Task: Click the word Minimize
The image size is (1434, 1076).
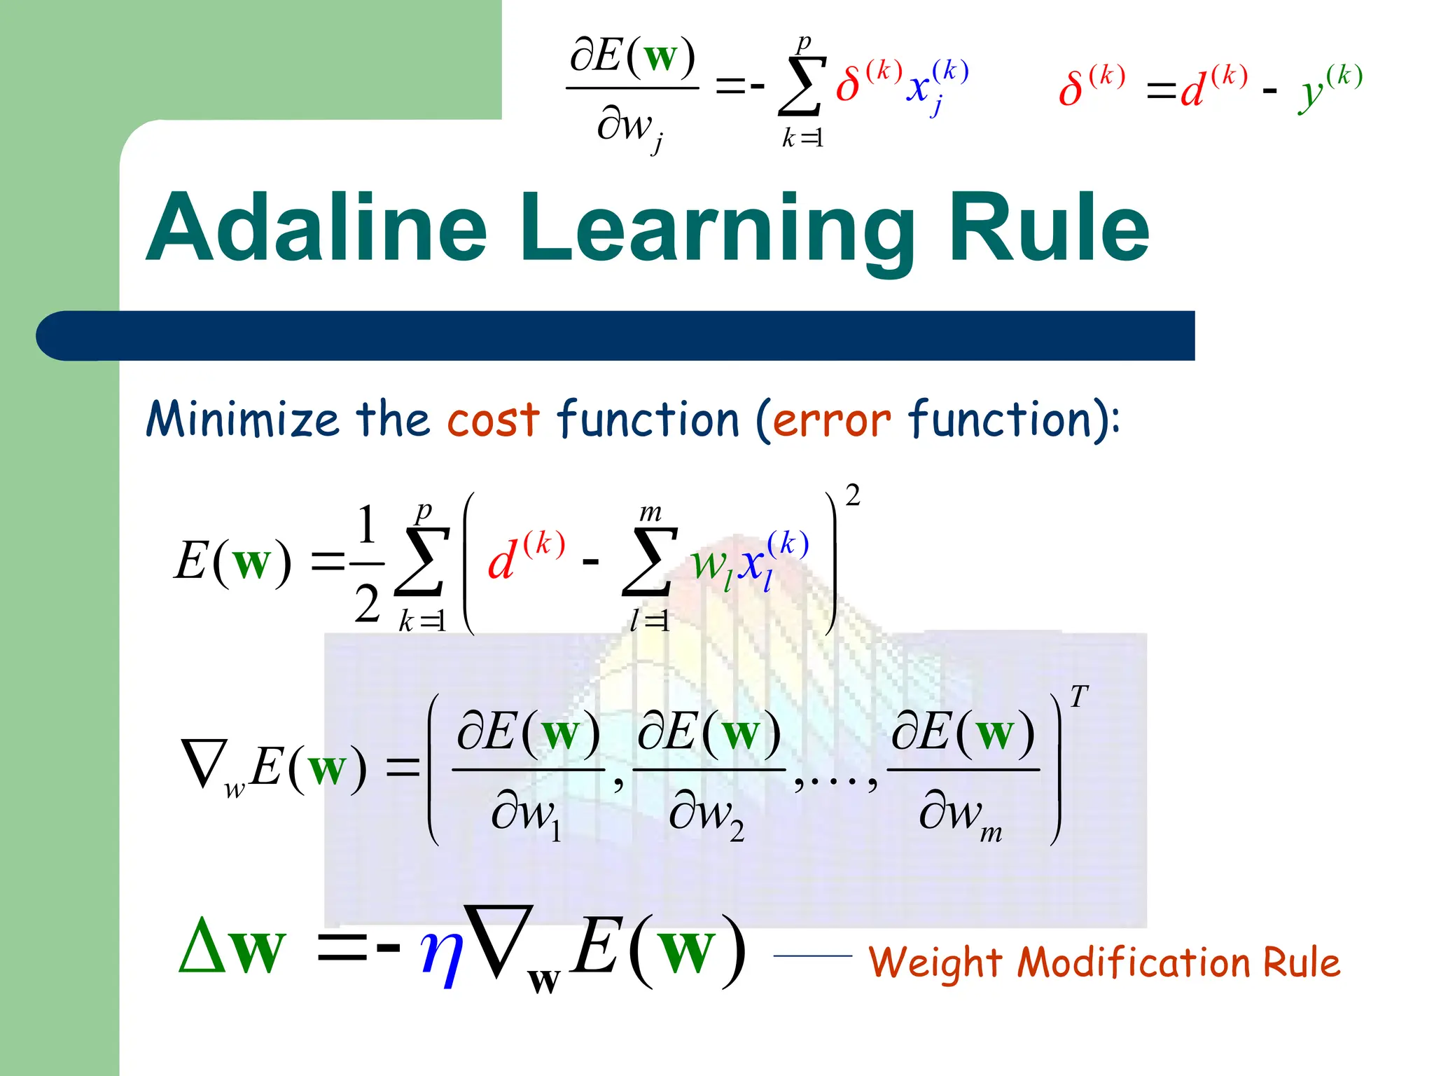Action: point(242,419)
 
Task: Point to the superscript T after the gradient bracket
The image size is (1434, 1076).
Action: point(1078,697)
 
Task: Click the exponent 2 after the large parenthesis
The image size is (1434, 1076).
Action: point(852,496)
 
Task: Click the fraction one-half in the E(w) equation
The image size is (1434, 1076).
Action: point(367,564)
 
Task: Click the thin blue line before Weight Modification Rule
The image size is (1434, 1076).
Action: point(812,956)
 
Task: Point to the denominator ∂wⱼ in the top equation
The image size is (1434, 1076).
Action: point(629,130)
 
